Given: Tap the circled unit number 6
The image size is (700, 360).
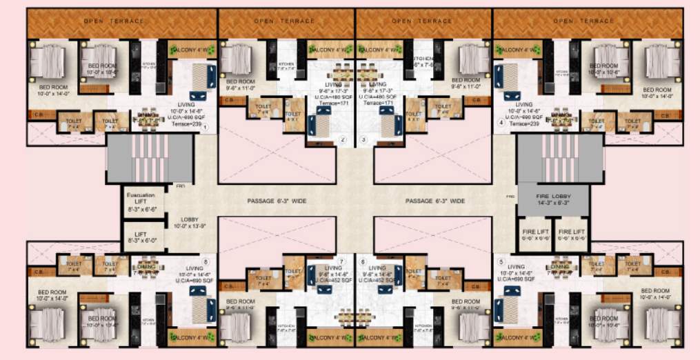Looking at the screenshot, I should pos(363,262).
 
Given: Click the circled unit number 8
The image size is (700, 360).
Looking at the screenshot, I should pos(206,262).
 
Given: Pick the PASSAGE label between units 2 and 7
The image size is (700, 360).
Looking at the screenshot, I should pos(277,201).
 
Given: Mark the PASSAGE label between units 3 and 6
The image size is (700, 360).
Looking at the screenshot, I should pos(435,201).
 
